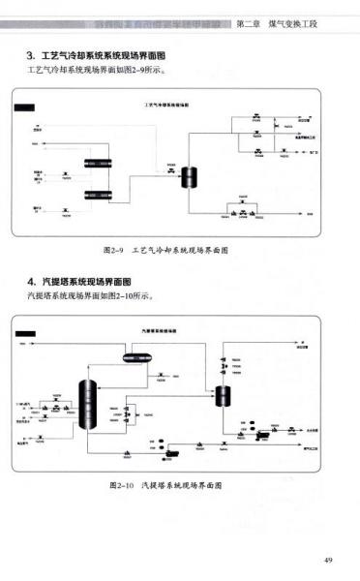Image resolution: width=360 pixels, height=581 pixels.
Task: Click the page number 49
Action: pos(328,559)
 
